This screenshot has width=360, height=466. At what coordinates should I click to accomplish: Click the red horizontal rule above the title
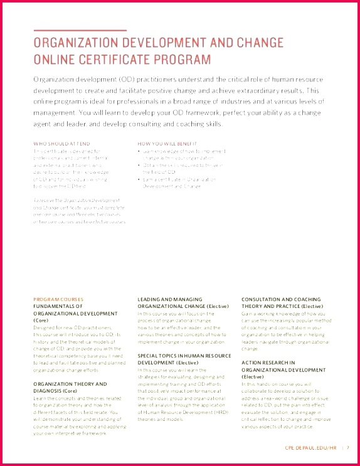pyautogui.click(x=80, y=30)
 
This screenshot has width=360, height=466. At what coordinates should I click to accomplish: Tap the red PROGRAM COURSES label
pyautogui.click(x=58, y=299)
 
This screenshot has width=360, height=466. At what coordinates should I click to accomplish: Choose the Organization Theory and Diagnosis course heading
pyautogui.click(x=70, y=386)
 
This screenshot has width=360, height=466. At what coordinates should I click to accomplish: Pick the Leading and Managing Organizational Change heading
pyautogui.click(x=179, y=302)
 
